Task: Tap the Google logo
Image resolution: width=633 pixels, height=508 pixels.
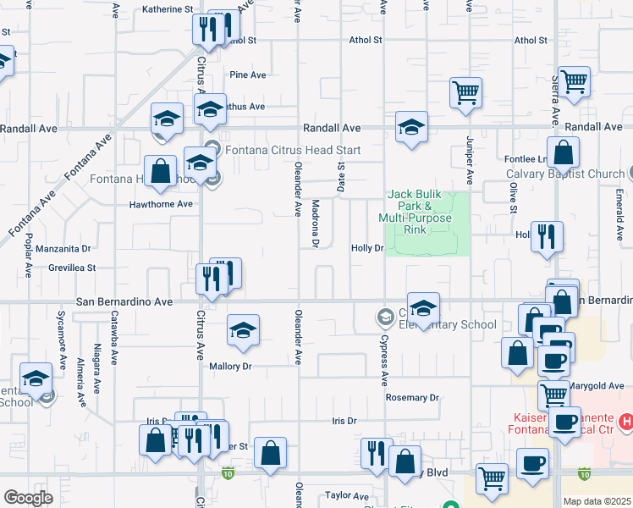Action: (x=28, y=498)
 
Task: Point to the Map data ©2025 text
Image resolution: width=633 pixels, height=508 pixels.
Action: (x=597, y=501)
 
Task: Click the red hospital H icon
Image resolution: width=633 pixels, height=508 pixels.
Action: (x=625, y=421)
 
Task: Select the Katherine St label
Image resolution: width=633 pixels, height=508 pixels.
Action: (x=168, y=9)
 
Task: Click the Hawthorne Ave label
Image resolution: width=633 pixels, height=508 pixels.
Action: (x=161, y=204)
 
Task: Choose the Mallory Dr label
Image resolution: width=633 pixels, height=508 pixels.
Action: (x=231, y=367)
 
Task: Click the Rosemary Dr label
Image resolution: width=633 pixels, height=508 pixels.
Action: (x=412, y=397)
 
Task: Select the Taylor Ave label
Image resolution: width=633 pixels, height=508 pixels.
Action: (x=347, y=495)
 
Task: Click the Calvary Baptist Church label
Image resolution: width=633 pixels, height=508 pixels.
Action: (x=565, y=174)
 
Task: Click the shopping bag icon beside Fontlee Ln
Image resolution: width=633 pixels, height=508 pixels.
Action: (x=563, y=154)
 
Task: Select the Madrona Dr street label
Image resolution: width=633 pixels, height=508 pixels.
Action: (x=314, y=224)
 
